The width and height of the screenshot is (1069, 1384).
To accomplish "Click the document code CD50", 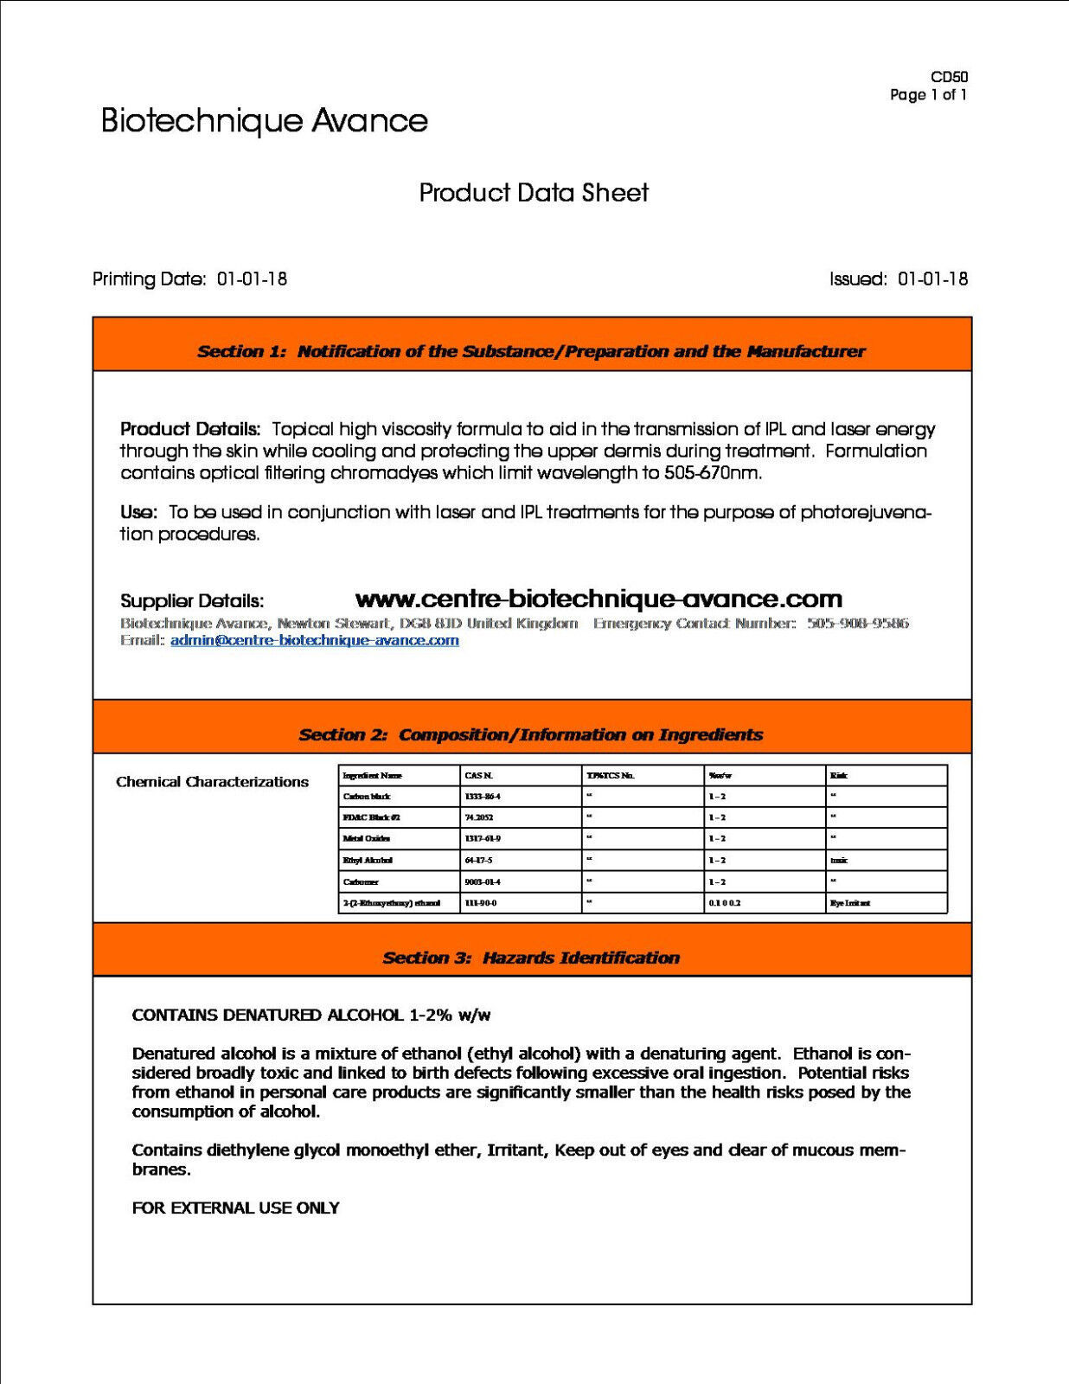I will [949, 77].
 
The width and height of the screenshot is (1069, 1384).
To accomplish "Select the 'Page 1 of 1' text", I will [928, 95].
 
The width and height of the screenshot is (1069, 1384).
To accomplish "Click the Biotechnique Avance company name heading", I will [264, 120].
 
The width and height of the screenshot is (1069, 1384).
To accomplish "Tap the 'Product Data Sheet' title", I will [534, 192].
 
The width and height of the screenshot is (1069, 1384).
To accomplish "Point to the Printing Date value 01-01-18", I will [252, 279].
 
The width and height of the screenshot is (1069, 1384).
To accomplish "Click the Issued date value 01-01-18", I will [932, 279].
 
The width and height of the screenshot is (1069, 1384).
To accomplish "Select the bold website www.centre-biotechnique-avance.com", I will [599, 599].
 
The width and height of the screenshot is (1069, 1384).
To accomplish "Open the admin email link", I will [315, 641].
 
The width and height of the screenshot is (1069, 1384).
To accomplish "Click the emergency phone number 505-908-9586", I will [858, 624].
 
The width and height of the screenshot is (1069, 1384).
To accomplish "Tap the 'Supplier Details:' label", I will [192, 601].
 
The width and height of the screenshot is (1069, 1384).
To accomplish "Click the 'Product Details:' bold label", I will [190, 429].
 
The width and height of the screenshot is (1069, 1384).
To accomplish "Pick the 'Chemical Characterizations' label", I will [212, 782].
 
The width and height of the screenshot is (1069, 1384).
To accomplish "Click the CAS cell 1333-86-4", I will [483, 796].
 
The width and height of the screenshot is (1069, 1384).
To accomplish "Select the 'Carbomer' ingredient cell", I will [361, 881].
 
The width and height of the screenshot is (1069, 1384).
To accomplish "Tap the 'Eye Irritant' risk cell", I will [849, 903].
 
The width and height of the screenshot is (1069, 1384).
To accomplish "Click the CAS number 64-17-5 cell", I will [478, 861].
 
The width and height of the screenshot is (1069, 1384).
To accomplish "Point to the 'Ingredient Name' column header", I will [372, 775].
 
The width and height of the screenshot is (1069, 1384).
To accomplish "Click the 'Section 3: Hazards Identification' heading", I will [531, 958].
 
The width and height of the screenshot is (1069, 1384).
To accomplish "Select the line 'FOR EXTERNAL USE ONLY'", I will [235, 1208].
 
